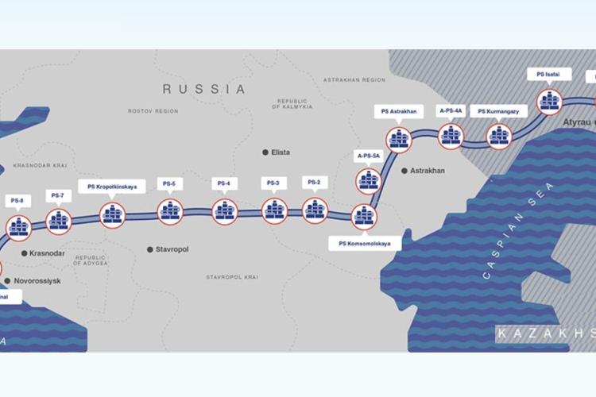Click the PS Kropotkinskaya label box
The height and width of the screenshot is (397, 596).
[x=112, y=187]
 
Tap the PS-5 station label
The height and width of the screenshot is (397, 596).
[x=168, y=183]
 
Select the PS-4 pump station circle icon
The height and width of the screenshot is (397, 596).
[x=225, y=211]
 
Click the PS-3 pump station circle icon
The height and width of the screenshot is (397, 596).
[x=274, y=210]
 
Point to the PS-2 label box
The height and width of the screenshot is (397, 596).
[x=314, y=183]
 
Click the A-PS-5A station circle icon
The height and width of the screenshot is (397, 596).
[x=366, y=181]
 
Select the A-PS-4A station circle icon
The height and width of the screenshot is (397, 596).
[x=451, y=137]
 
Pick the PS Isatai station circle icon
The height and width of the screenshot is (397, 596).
[x=549, y=101]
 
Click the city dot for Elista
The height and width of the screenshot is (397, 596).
[x=265, y=152]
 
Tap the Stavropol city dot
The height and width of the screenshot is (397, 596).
[x=149, y=249]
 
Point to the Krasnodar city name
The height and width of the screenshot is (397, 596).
[x=46, y=253]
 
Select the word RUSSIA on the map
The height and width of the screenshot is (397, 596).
[x=204, y=89]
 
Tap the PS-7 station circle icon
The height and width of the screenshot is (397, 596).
[x=59, y=221]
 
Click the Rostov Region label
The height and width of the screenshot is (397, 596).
[x=153, y=111]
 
